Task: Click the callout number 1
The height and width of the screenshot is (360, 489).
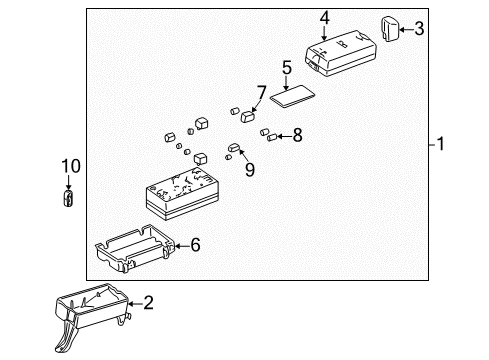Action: point(442,145)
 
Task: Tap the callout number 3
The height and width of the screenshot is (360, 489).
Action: point(419,29)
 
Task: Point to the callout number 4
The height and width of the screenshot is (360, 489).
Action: point(324,17)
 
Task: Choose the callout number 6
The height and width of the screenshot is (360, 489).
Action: point(195,243)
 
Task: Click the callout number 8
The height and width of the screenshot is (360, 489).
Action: point(297,135)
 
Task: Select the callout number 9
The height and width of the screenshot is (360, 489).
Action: point(249,169)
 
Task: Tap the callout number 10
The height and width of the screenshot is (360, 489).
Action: point(68,165)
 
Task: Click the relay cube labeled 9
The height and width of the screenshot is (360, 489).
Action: point(234,150)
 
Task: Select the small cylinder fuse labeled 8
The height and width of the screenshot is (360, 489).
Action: point(267,134)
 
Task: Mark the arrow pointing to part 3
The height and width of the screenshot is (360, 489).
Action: point(406,29)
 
